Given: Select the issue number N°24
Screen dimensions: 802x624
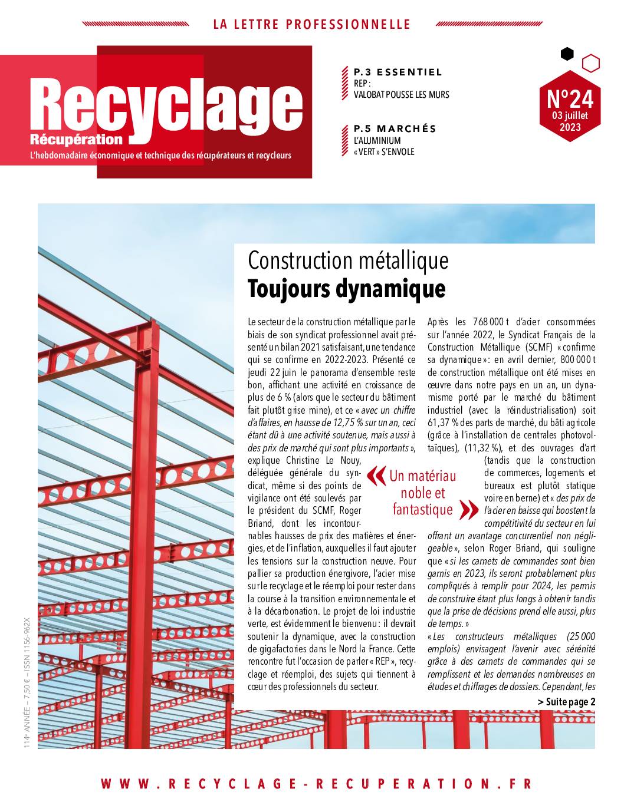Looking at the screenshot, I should pos(570,97).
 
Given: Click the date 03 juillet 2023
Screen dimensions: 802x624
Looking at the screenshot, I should pos(570,121).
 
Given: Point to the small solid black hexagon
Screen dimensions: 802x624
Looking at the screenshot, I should pos(567,54).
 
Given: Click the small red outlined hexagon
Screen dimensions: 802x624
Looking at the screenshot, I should pos(590,62).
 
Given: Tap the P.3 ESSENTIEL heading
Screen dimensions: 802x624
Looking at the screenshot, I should pos(398,72).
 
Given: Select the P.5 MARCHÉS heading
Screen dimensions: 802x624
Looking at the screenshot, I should pos(395,129).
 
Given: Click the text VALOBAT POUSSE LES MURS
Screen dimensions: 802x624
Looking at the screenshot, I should pos(401,94).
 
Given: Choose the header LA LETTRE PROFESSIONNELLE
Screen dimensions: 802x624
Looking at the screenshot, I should pos(311,25).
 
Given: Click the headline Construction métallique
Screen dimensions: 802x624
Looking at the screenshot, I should pos(348,260).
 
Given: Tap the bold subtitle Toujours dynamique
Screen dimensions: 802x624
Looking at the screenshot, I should pos(346,289).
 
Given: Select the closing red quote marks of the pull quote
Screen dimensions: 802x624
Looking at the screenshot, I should pos(468,510).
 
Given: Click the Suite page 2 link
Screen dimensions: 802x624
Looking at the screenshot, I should pos(566,701).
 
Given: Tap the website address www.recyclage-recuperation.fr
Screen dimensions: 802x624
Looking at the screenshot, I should pos(316,784).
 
